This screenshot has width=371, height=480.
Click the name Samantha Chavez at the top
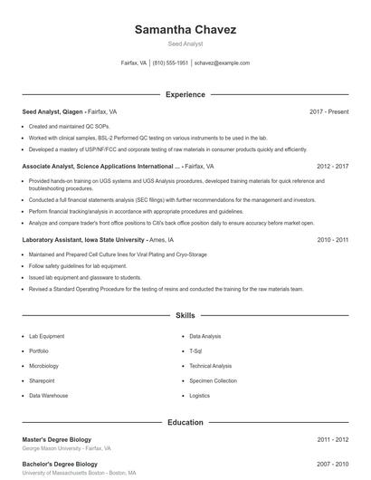coord(185,29)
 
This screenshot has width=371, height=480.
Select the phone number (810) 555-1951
coord(170,63)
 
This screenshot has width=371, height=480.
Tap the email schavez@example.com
coord(222,63)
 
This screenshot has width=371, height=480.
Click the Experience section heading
coord(185,94)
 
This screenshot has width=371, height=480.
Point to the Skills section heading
coord(185,316)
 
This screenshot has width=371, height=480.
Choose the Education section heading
coord(185,422)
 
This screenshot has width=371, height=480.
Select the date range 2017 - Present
coord(328,111)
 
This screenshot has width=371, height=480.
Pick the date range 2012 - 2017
coord(333,167)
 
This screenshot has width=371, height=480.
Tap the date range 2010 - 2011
coord(333,240)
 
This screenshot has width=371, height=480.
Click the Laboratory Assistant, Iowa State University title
coord(83,240)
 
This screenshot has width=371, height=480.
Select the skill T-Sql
coord(196,350)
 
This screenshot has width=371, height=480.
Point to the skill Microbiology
coord(43,366)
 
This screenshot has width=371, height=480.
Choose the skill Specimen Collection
coord(213,381)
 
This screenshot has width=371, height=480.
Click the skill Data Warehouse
coord(48,396)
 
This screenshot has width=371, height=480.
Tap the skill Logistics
coord(200,396)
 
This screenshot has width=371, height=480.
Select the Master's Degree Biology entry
coord(56,439)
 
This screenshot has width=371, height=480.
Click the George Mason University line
coord(66,448)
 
